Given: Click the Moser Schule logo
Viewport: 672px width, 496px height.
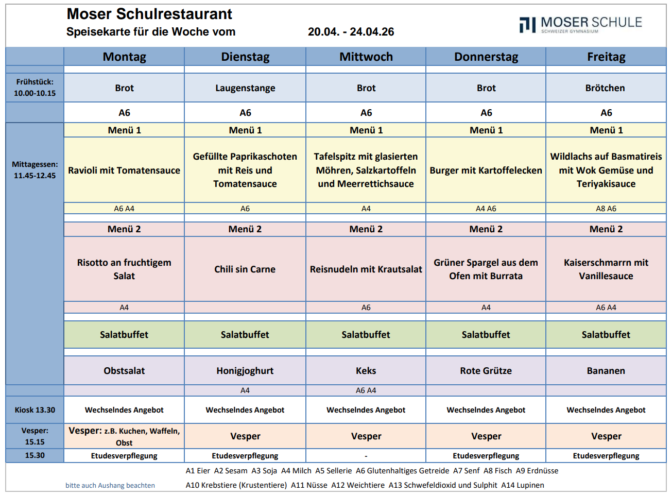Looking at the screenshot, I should coord(580,24).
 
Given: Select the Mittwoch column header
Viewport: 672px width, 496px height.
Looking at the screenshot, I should coord(366,57).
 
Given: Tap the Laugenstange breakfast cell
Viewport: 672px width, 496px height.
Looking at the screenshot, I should coord(245,88).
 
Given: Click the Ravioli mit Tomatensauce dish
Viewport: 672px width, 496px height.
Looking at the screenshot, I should coord(124,170).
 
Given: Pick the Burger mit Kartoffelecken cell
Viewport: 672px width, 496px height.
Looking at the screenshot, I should coord(486,170).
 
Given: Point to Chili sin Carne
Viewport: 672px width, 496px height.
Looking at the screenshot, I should coord(245,269).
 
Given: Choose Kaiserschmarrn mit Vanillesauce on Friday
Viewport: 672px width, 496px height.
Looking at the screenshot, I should coord(606,269).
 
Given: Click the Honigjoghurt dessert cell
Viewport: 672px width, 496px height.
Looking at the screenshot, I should coord(245,370).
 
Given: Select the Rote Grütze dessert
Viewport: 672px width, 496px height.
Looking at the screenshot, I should coord(486,370).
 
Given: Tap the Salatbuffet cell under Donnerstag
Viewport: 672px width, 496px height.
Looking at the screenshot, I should coord(486,334).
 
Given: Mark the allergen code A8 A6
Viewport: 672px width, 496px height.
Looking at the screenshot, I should coord(606,209).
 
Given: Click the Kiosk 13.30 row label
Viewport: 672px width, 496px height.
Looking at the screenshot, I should coord(35,410).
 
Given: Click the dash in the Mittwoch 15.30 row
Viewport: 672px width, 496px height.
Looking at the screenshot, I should coord(366,456).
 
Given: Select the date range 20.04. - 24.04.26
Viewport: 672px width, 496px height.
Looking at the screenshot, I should coord(351,32).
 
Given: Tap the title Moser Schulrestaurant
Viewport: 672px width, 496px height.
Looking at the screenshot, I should coord(149,14).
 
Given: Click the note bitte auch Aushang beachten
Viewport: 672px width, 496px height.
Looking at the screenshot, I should coord(110,485).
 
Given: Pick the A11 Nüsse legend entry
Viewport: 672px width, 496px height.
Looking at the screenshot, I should coord(309,485).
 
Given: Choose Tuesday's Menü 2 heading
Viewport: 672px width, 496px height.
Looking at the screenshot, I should coord(245,229).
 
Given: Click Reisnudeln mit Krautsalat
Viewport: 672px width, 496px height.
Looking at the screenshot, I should coord(366,269).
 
